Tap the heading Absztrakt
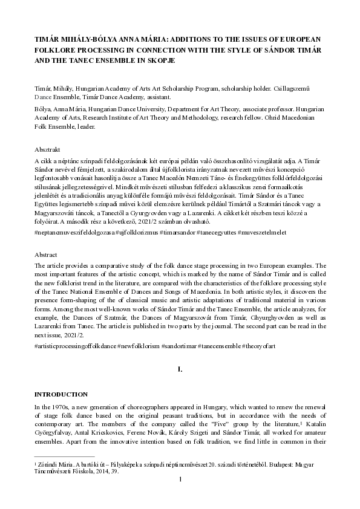[x=49, y=149]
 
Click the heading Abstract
[x=48, y=256]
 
